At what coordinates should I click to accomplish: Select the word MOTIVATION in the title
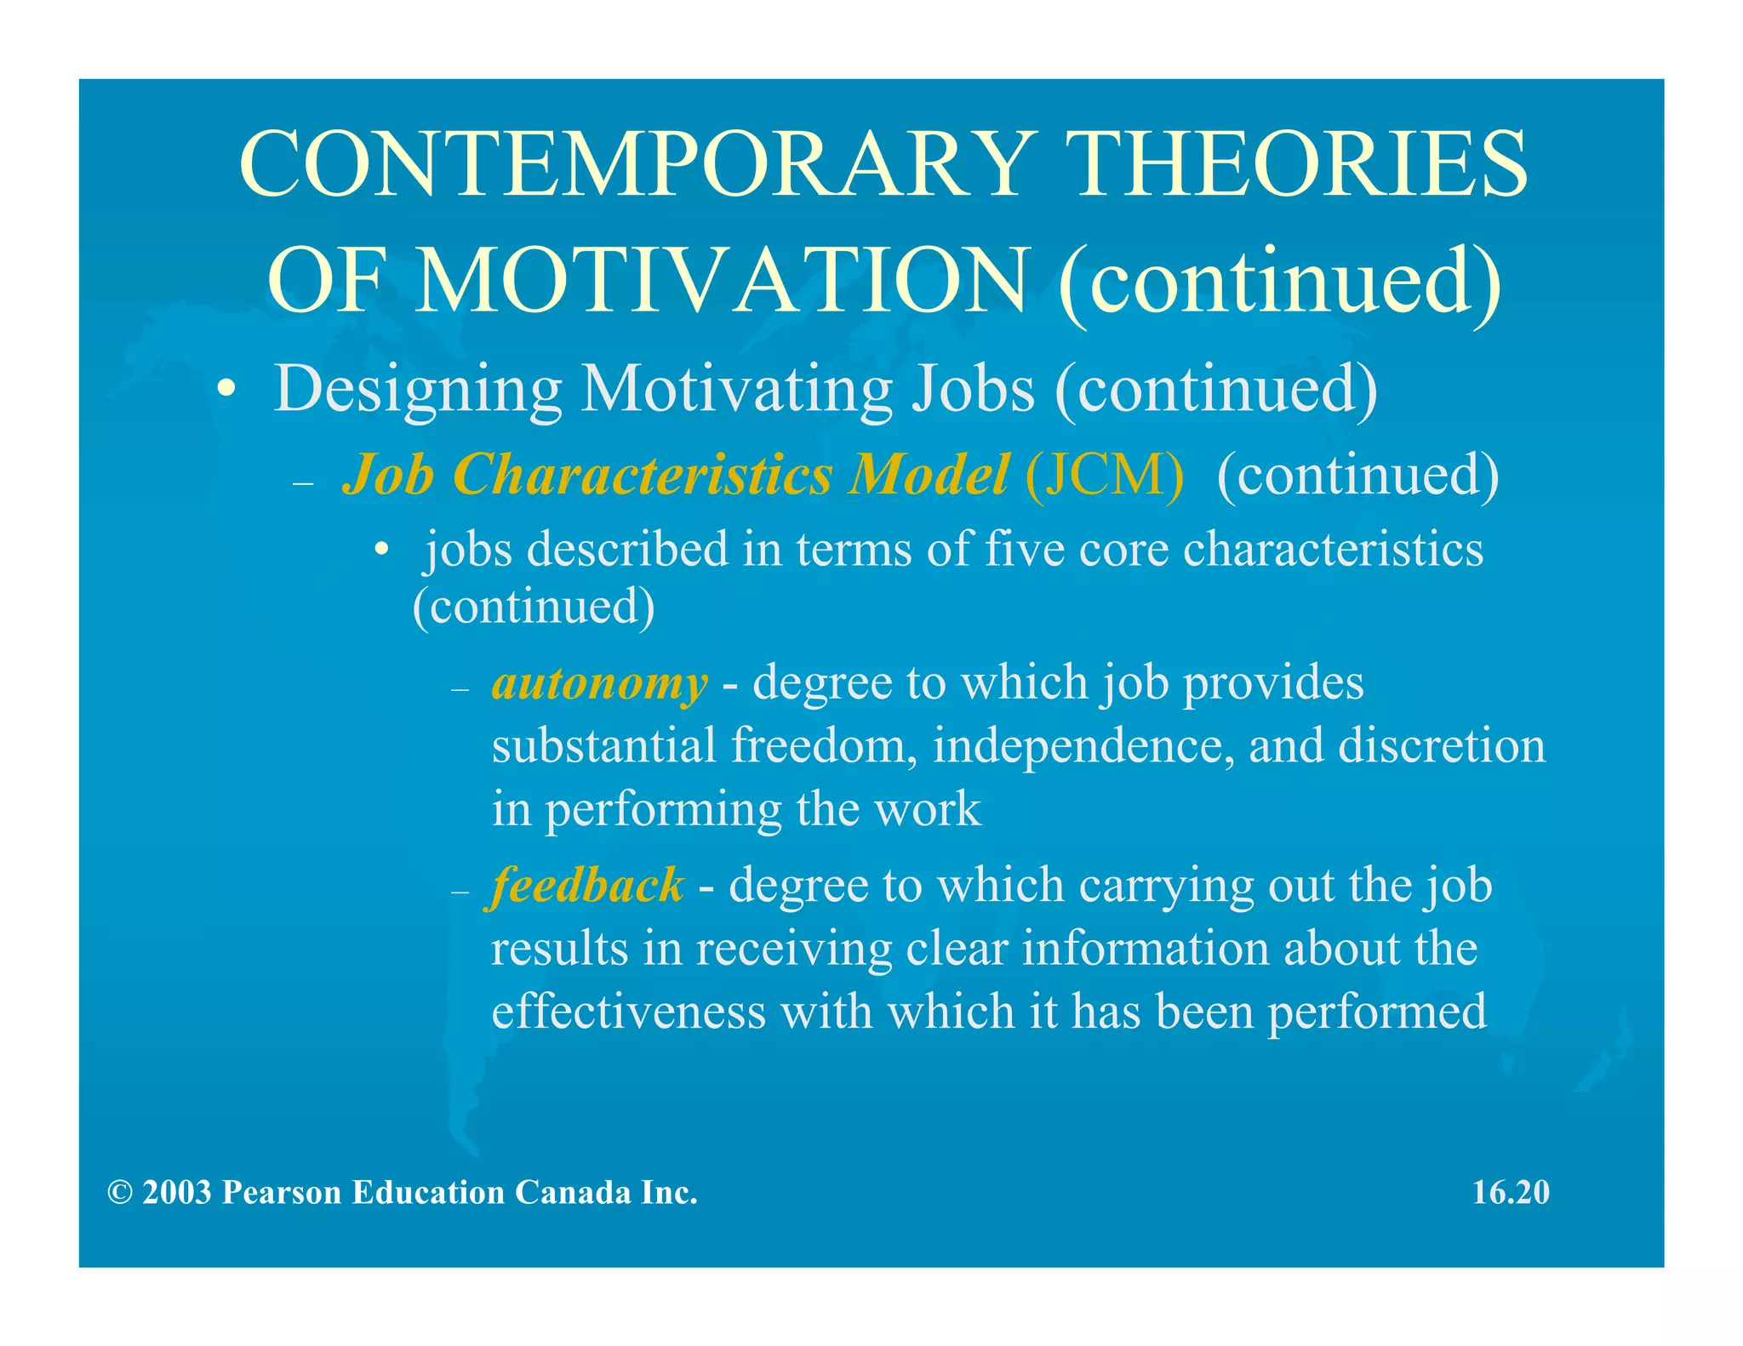[x=723, y=281]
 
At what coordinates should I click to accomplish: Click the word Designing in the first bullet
[x=417, y=390]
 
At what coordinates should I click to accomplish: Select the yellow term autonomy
[x=599, y=683]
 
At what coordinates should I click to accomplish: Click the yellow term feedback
[x=587, y=886]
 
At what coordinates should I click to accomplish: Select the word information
[x=1145, y=949]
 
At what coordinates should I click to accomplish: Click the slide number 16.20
[x=1511, y=1192]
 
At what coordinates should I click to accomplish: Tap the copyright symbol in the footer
[x=119, y=1193]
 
